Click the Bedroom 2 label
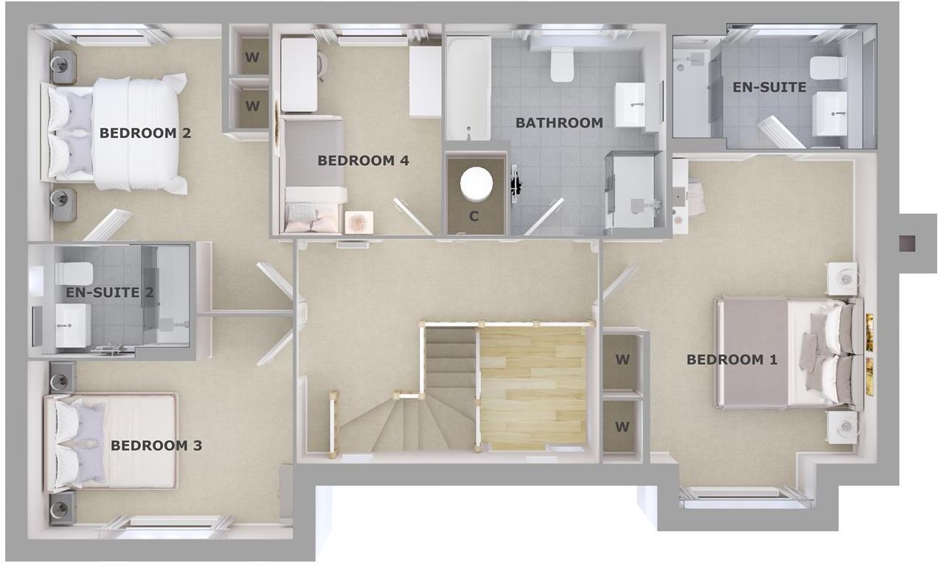click(x=145, y=133)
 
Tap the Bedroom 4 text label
click(x=363, y=160)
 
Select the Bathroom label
click(x=559, y=122)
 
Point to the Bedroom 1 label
click(x=732, y=360)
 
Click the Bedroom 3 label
click(x=156, y=445)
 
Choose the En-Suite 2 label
click(x=110, y=293)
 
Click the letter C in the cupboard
click(x=474, y=217)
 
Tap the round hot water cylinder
click(x=476, y=182)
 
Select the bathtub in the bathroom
click(x=468, y=88)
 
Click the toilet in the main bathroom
click(x=562, y=65)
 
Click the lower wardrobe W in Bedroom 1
click(x=622, y=427)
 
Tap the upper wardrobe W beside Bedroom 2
click(x=252, y=56)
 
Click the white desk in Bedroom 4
click(x=299, y=74)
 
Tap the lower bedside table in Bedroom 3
click(x=62, y=507)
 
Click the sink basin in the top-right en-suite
click(x=830, y=115)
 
